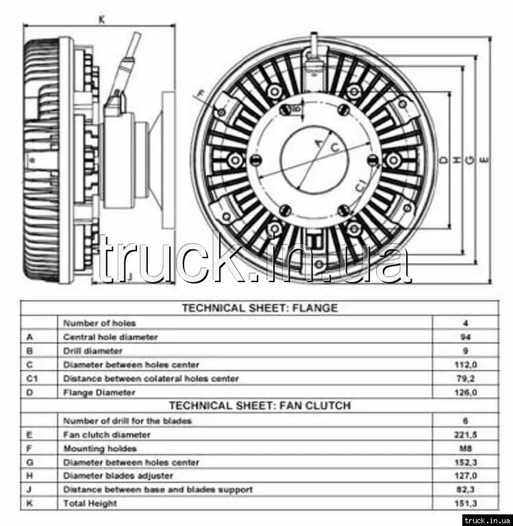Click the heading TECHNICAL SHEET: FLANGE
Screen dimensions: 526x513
click(259, 308)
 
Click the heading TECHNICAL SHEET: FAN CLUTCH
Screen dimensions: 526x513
click(259, 405)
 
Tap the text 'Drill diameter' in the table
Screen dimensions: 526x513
click(92, 351)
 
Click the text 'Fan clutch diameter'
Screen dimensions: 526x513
click(106, 434)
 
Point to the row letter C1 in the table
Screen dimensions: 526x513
click(32, 379)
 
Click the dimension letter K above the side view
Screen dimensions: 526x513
click(101, 20)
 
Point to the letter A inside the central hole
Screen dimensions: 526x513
click(317, 142)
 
